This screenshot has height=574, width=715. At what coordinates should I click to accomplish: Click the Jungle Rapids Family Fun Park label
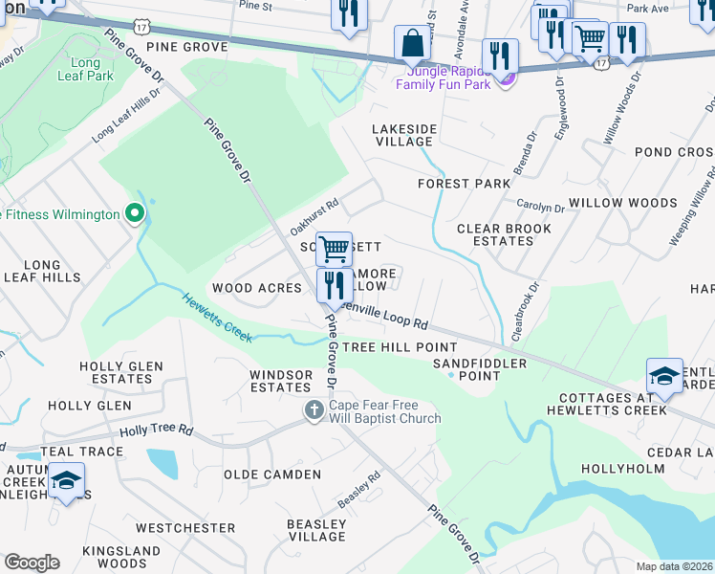[x=448, y=77]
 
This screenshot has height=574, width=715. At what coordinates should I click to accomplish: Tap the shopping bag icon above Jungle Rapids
[x=412, y=43]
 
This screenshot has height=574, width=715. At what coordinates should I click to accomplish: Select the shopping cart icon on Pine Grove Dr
[x=334, y=250]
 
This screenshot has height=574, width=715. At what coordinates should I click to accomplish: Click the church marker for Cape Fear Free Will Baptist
[x=314, y=410]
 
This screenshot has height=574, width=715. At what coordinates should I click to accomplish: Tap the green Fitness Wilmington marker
[x=135, y=213]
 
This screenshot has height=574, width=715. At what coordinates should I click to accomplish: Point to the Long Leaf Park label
[x=85, y=68]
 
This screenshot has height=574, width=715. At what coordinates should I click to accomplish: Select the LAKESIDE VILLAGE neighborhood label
[x=403, y=135]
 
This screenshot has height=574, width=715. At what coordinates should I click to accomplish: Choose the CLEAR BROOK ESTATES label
[x=504, y=234]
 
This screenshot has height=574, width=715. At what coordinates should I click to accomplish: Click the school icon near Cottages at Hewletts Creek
[x=664, y=377]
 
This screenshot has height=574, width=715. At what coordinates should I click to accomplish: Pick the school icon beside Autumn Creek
[x=66, y=481]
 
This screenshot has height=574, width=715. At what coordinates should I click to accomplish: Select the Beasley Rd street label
[x=359, y=489]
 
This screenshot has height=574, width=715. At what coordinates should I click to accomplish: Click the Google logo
[x=32, y=563]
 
